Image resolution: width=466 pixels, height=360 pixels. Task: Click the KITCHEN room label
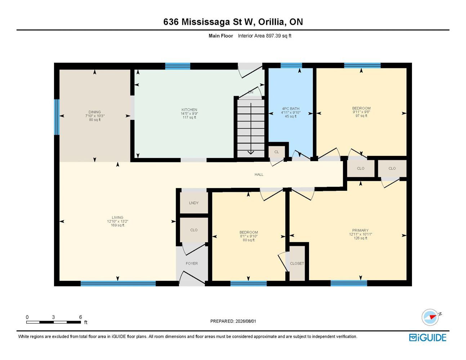(x=189, y=110)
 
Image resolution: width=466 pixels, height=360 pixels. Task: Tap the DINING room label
(x=95, y=112)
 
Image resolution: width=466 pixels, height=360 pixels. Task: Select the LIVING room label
(x=117, y=217)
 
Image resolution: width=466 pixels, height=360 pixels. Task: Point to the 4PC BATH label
(x=291, y=109)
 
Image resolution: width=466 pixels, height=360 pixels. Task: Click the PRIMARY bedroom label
(x=360, y=230)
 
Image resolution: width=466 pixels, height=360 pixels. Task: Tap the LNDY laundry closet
(x=194, y=203)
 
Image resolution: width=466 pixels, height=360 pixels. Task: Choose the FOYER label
(x=192, y=264)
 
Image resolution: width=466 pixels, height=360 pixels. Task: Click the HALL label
(x=259, y=175)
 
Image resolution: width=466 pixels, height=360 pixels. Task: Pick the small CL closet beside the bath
(x=277, y=152)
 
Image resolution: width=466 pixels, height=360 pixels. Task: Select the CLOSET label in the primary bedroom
(x=297, y=264)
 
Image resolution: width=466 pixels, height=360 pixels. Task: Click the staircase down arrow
(x=251, y=129)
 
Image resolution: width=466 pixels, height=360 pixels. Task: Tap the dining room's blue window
(x=57, y=117)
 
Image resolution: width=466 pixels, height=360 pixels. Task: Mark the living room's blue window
(x=118, y=283)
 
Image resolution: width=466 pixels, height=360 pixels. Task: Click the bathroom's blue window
(x=291, y=66)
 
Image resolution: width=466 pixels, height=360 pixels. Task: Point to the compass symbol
(x=430, y=318)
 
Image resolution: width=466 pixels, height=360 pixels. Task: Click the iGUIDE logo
(x=427, y=338)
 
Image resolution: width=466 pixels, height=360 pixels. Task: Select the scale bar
(x=54, y=322)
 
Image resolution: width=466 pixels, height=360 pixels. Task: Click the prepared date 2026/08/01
(x=246, y=321)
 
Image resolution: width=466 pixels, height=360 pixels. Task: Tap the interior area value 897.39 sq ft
(x=279, y=36)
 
